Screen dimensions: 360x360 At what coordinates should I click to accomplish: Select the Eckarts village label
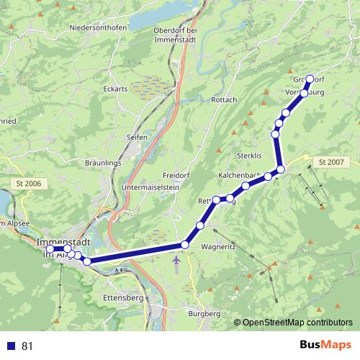coord(115,89)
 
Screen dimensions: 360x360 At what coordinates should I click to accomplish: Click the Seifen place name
coord(136,137)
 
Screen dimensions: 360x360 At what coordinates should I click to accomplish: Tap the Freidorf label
coord(176,176)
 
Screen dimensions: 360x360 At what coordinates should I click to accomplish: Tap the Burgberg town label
coord(203,314)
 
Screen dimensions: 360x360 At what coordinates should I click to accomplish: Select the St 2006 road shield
coord(28,184)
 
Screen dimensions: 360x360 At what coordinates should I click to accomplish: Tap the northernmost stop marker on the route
coord(310,79)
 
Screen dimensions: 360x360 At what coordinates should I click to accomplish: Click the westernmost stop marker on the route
coord(50,249)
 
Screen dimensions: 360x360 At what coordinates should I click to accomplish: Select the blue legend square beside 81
coord(11,346)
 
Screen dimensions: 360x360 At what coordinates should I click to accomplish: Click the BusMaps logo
coord(321,346)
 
